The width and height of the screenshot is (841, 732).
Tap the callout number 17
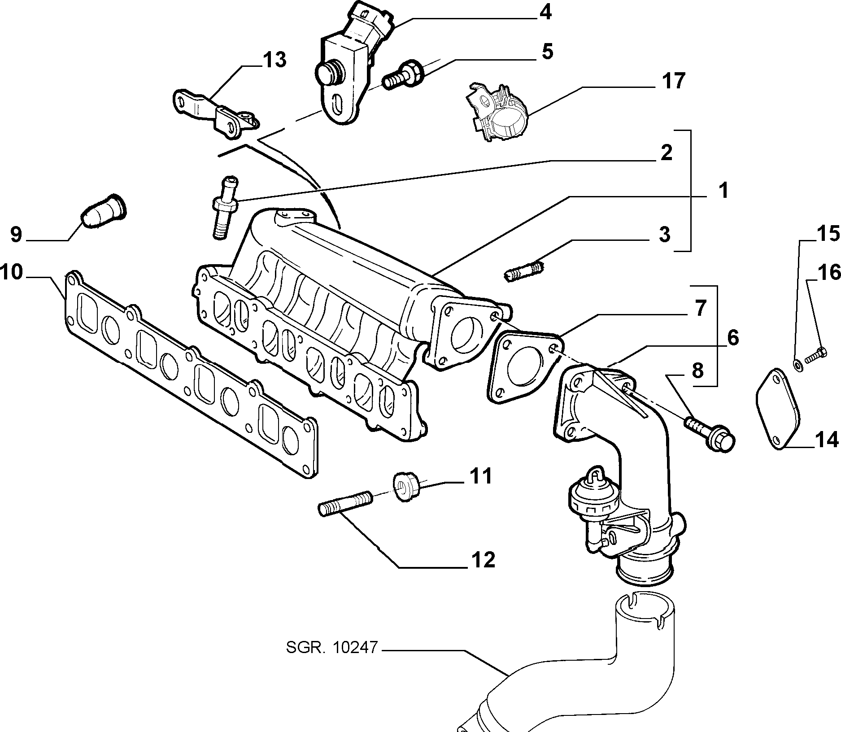point(673,81)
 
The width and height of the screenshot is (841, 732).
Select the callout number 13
point(275,60)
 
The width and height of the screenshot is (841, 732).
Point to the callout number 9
point(16,235)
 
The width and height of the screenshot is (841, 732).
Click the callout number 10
point(12,272)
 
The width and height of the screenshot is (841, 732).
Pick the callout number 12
point(483,560)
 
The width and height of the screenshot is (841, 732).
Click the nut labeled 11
point(406,487)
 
